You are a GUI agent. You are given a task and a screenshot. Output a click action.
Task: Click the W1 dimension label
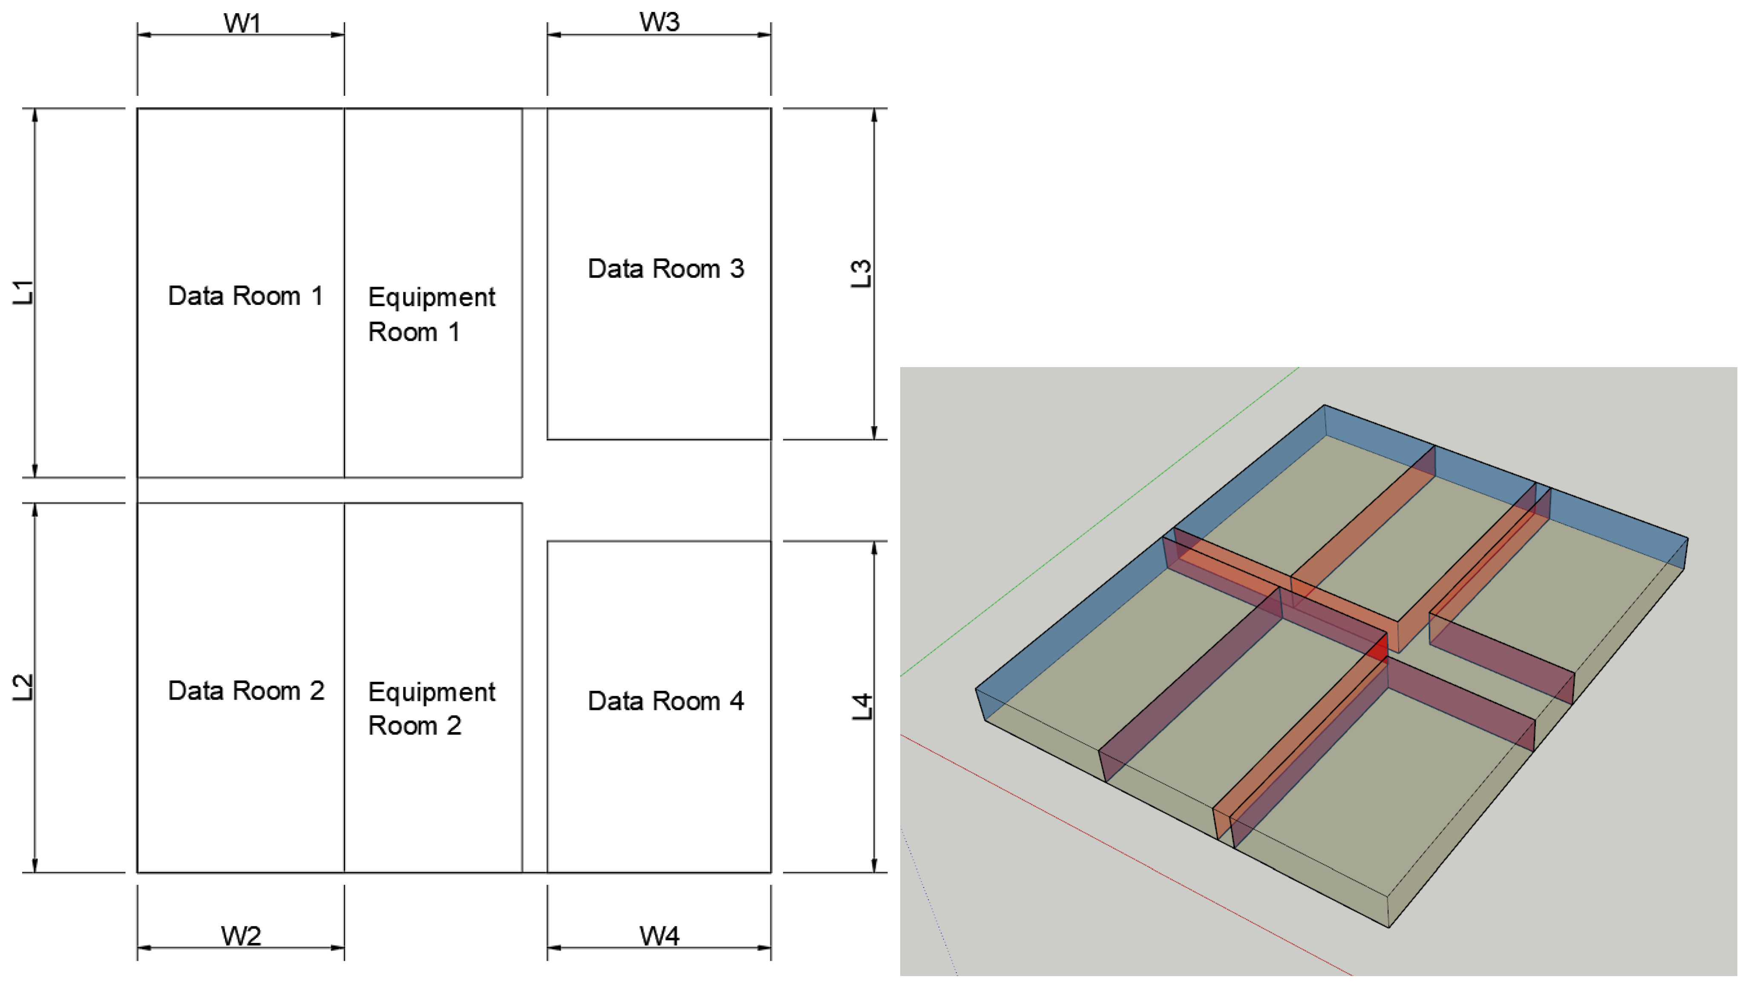(242, 23)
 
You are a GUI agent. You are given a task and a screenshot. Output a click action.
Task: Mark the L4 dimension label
(861, 707)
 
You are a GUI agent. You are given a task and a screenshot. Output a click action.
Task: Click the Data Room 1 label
(245, 296)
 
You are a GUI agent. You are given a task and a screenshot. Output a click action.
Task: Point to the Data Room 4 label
(665, 701)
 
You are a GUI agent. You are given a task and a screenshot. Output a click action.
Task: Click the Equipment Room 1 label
(431, 314)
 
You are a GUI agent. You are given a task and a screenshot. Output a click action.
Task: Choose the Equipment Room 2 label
(431, 708)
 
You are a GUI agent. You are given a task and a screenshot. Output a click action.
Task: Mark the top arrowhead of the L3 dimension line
(874, 114)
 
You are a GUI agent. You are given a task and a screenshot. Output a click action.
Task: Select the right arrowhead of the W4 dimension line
(766, 947)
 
